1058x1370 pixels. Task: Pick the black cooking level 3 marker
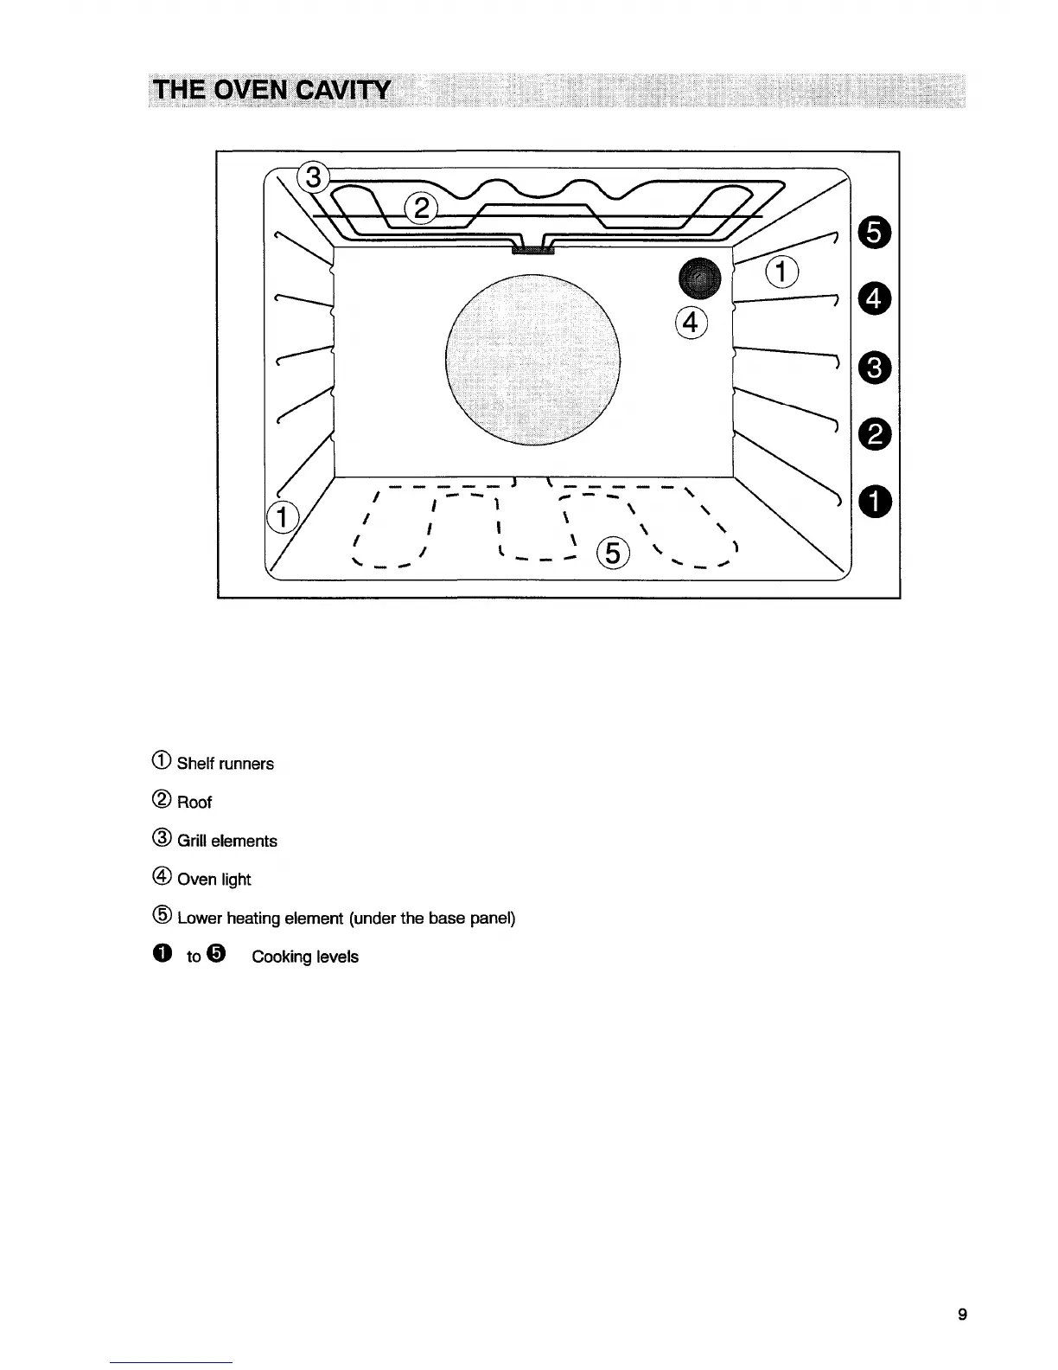tap(874, 368)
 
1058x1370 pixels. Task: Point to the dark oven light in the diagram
tap(699, 277)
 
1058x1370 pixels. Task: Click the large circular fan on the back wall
tap(532, 359)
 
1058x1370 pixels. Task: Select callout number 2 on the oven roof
tap(421, 208)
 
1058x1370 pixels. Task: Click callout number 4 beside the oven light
tap(690, 322)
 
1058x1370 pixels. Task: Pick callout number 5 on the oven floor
tap(612, 552)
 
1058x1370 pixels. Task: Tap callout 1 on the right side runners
tap(781, 272)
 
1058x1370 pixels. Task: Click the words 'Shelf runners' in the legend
tap(225, 764)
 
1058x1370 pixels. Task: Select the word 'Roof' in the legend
tap(194, 803)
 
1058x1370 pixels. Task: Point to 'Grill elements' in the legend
tap(226, 841)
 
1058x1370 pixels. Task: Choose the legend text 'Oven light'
tap(214, 880)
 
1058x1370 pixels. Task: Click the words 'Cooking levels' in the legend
tap(304, 957)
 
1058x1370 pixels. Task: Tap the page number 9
tap(962, 1316)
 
